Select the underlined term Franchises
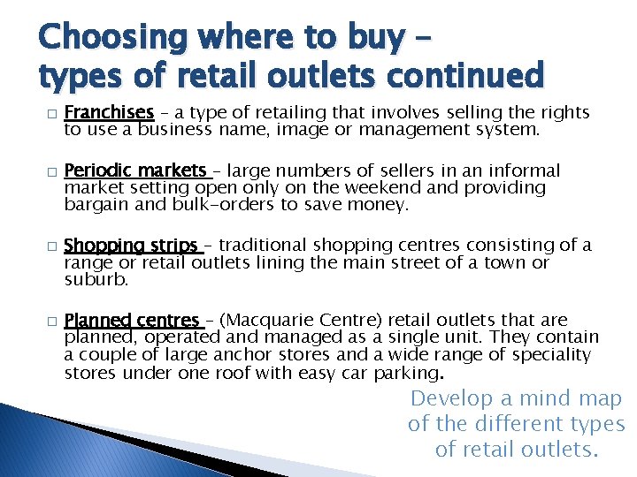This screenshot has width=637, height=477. pos(110,112)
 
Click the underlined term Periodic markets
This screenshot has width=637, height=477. pos(135,170)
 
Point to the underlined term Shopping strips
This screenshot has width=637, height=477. pos(131,245)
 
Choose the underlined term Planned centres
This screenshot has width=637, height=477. pos(133,320)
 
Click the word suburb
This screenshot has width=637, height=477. pos(96,280)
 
